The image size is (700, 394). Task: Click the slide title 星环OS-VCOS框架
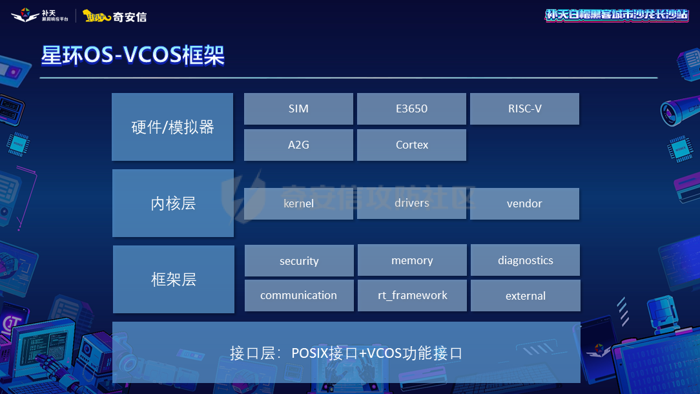pyautogui.click(x=133, y=56)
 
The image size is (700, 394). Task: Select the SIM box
pyautogui.click(x=298, y=109)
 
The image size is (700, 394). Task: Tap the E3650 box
pyautogui.click(x=411, y=109)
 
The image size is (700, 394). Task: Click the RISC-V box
pyautogui.click(x=524, y=109)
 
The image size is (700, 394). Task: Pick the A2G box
pyautogui.click(x=298, y=145)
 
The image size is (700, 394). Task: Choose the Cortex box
pyautogui.click(x=411, y=145)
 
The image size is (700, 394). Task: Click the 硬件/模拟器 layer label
pyautogui.click(x=172, y=127)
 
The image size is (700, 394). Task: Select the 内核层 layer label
pyautogui.click(x=173, y=203)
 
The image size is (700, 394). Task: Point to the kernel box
pyautogui.click(x=298, y=203)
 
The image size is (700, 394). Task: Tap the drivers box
pyautogui.click(x=411, y=203)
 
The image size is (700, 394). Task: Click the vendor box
pyautogui.click(x=524, y=203)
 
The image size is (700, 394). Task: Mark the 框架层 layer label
pyautogui.click(x=173, y=279)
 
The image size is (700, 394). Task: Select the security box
pyautogui.click(x=299, y=260)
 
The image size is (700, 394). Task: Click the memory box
pyautogui.click(x=412, y=260)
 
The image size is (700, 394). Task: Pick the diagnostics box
pyautogui.click(x=525, y=260)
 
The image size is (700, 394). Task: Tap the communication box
pyautogui.click(x=299, y=295)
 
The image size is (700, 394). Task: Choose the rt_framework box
pyautogui.click(x=412, y=295)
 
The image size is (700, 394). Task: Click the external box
pyautogui.click(x=525, y=296)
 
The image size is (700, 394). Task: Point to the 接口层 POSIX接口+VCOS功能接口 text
pyautogui.click(x=346, y=353)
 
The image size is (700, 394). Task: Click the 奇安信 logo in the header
pyautogui.click(x=114, y=16)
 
